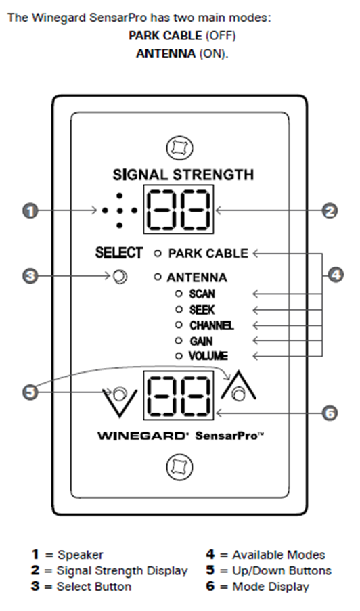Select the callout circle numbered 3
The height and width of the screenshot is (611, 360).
pos(30,277)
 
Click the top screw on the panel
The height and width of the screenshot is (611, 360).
pos(179,148)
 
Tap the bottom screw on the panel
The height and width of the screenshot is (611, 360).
pos(179,466)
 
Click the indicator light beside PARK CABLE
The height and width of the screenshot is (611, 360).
pos(157,254)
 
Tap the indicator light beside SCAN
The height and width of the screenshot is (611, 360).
pos(179,294)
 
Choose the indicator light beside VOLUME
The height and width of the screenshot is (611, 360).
pos(179,356)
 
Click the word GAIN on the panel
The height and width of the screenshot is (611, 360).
pos(201,341)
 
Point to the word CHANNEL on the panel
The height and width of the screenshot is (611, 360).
pos(211,325)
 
